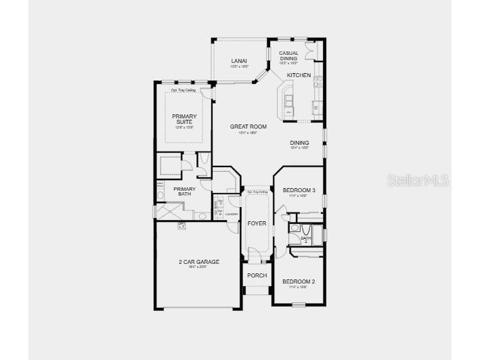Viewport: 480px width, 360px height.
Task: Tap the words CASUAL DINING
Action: (x=288, y=55)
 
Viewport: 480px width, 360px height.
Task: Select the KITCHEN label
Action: (x=299, y=75)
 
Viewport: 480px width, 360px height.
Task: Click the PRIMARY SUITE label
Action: (x=184, y=119)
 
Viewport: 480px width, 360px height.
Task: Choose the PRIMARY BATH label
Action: (x=184, y=192)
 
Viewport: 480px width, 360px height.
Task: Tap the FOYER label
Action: (x=257, y=223)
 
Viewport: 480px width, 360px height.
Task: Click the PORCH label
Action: (x=257, y=275)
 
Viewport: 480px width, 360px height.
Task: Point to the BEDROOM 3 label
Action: (x=299, y=190)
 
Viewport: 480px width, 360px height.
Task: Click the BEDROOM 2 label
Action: (x=299, y=281)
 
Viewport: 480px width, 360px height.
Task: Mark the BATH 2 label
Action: (x=305, y=238)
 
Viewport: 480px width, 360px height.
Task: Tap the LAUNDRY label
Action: (x=232, y=215)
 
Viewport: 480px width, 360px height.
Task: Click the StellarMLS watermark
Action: (x=418, y=180)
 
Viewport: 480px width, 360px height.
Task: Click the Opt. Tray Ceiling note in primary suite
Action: (x=184, y=89)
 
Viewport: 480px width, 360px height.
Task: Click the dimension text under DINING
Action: (x=299, y=148)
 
